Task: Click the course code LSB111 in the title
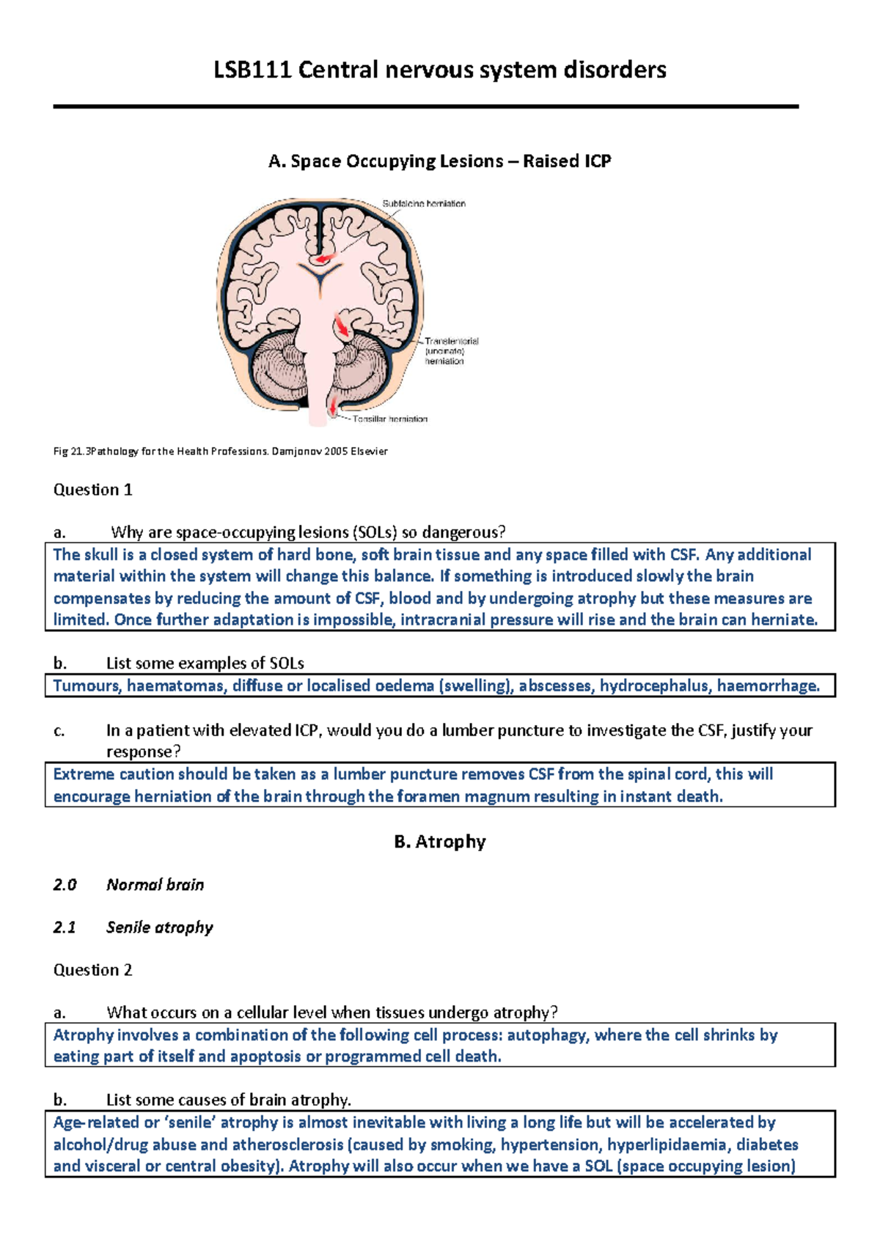253,70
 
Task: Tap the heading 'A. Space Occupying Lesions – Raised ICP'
440,161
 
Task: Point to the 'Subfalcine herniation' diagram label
424,204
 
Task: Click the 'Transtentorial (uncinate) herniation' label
450,350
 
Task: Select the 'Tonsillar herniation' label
389,419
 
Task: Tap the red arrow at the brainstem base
334,406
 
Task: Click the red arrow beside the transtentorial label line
341,326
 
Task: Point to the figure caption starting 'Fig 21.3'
220,452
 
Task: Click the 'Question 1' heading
92,490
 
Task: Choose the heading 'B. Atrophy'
440,842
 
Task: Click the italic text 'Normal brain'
155,885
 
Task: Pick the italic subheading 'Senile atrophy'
159,928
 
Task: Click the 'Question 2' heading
92,970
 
